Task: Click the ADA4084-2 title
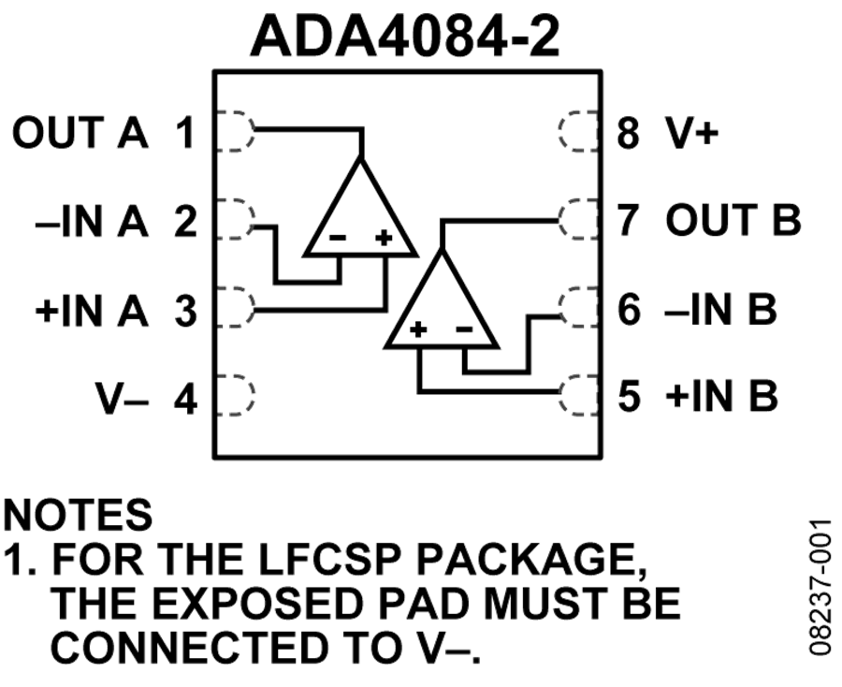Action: pos(405,36)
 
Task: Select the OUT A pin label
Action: pos(80,132)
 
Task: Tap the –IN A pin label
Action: pos(92,221)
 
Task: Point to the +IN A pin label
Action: pos(92,311)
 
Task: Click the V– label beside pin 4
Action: pos(123,399)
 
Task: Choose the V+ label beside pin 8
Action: pos(691,132)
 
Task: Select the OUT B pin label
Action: pos(733,220)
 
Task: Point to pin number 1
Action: pos(185,132)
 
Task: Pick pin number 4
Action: pos(186,399)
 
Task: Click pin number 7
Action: pos(629,220)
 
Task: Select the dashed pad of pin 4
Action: pos(235,395)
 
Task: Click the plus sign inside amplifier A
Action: pos(384,237)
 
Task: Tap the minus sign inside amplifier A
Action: pos(338,237)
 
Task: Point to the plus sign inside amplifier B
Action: pos(418,329)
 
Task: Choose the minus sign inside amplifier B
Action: pos(464,329)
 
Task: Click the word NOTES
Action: pos(78,514)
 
